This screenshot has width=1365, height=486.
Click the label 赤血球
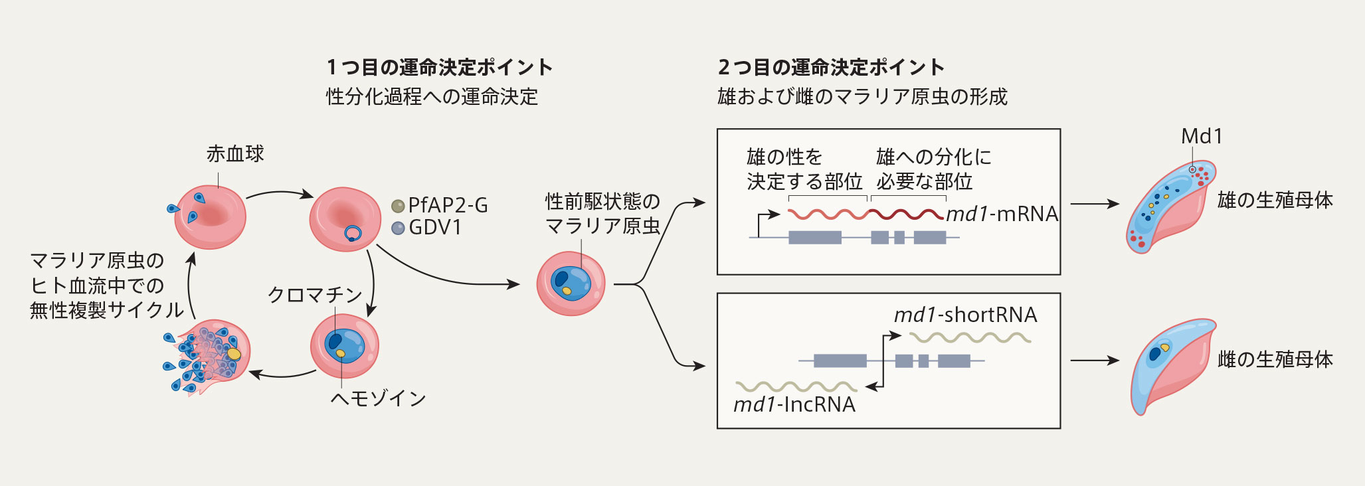pos(235,154)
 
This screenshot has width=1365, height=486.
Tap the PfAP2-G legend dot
pos(398,206)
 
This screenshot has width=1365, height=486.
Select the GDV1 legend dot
pos(398,228)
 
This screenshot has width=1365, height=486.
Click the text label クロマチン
pos(315,295)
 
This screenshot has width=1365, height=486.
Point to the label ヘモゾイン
pos(378,398)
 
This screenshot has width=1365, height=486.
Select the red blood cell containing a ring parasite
pos(345,219)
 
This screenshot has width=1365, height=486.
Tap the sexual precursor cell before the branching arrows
pos(571,283)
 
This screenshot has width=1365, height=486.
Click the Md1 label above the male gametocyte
pos(1202,137)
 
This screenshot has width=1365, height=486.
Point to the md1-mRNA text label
pos(1002,214)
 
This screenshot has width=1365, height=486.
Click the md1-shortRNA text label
pos(965,315)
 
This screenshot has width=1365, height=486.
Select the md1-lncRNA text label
pos(794,404)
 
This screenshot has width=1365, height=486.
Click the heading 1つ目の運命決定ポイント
pos(440,67)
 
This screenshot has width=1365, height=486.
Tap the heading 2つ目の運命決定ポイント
pos(832,67)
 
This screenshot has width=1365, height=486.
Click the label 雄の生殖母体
pos(1275,200)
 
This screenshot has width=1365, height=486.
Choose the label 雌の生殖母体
pos(1275,359)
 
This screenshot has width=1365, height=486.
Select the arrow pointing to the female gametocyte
pos(1095,361)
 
